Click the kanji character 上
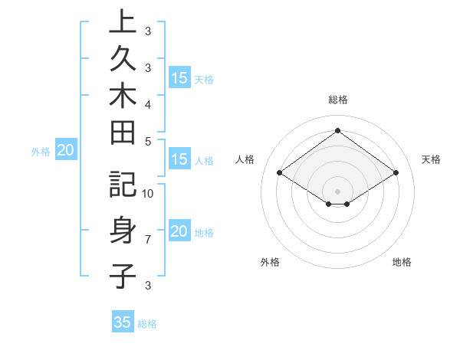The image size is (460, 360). click(123, 21)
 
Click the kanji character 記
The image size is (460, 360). click(123, 185)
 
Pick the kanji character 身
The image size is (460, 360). click(123, 230)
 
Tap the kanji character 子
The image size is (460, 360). click(123, 275)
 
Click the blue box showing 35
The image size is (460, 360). click(123, 322)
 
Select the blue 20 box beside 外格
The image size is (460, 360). click(65, 151)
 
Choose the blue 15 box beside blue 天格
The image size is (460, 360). click(179, 78)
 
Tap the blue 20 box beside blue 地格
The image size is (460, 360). click(179, 231)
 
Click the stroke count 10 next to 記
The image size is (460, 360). click(149, 193)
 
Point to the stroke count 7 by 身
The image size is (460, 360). click(147, 240)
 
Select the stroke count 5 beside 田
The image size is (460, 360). click(147, 141)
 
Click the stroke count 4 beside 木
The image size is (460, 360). click(147, 103)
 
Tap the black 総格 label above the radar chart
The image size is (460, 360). click(337, 100)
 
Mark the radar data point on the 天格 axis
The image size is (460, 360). click(396, 173)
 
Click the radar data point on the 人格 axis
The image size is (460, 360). click(280, 173)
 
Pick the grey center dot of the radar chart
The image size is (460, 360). click(337, 190)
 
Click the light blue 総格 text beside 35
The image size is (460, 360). click(147, 324)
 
